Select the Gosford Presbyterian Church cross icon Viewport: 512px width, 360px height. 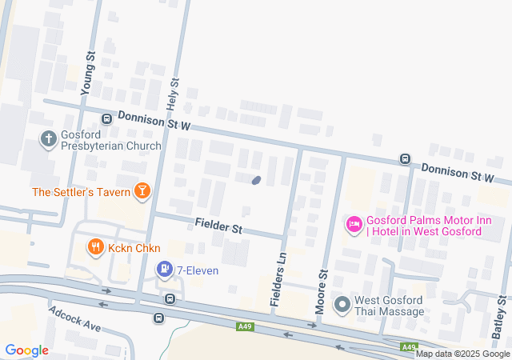[49, 140]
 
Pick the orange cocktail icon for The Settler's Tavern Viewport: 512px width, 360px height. [142, 190]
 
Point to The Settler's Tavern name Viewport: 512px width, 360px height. [81, 192]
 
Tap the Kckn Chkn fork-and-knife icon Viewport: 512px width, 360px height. [95, 247]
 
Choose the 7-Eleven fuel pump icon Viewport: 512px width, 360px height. [164, 270]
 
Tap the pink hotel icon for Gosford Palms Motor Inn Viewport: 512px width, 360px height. [353, 224]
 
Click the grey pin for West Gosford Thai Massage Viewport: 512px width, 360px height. [343, 304]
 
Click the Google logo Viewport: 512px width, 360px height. [26, 350]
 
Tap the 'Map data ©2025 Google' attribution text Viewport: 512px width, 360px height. [462, 354]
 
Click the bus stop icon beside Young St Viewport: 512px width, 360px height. [106, 119]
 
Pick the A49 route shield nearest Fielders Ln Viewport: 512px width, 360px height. [246, 326]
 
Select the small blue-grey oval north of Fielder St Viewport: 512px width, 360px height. [256, 180]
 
